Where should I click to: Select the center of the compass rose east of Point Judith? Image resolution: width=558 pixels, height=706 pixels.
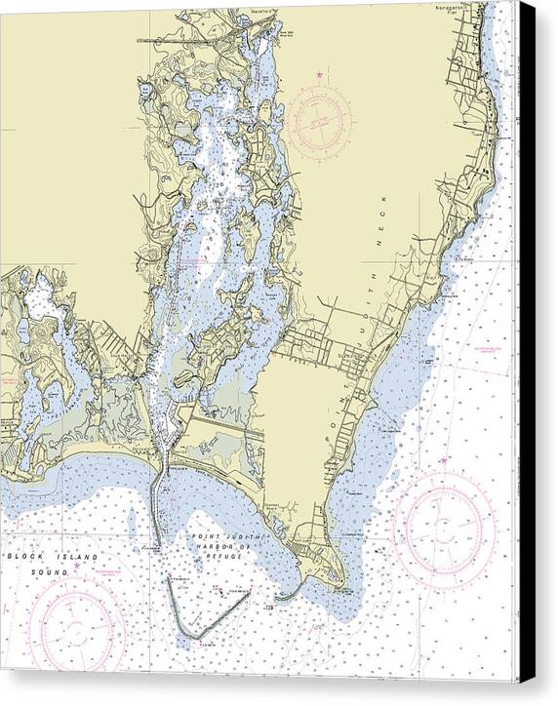click(444, 525)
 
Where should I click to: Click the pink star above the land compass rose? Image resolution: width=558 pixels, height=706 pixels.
click(319, 75)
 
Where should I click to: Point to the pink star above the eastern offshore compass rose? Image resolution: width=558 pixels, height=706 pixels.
click(443, 459)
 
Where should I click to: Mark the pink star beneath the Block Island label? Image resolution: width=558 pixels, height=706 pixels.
click(76, 565)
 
